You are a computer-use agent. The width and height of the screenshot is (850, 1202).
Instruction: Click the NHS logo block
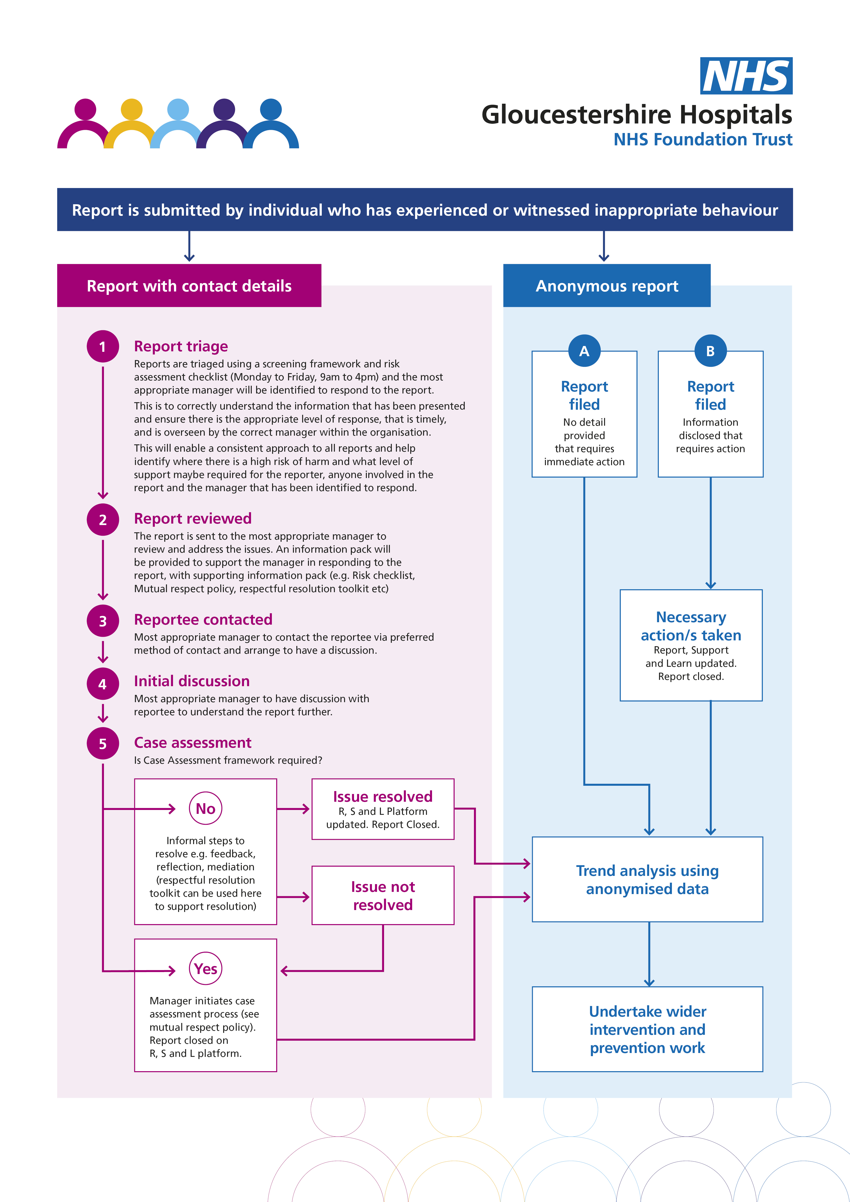click(x=746, y=76)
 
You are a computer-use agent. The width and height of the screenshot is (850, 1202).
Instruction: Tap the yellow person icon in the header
click(x=131, y=124)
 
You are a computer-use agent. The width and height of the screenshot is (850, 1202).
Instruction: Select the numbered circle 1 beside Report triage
click(x=102, y=346)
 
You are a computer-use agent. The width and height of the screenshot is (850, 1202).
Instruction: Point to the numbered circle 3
click(x=102, y=621)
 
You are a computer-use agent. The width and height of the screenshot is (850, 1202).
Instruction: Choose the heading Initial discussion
click(x=192, y=681)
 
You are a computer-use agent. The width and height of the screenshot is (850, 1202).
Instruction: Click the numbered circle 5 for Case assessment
click(x=102, y=744)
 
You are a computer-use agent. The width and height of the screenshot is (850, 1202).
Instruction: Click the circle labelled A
click(x=584, y=351)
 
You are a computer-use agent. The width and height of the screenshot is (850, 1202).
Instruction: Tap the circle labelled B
click(x=710, y=351)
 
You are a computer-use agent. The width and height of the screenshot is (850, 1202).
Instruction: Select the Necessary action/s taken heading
click(x=691, y=626)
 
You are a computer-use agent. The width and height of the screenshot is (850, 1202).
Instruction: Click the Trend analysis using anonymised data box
click(x=647, y=880)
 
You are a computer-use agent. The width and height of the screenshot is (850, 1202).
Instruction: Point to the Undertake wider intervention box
click(x=647, y=1029)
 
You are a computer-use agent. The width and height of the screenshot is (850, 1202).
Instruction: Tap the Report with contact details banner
click(x=189, y=286)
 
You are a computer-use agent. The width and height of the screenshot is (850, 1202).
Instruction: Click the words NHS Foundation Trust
click(x=703, y=140)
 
